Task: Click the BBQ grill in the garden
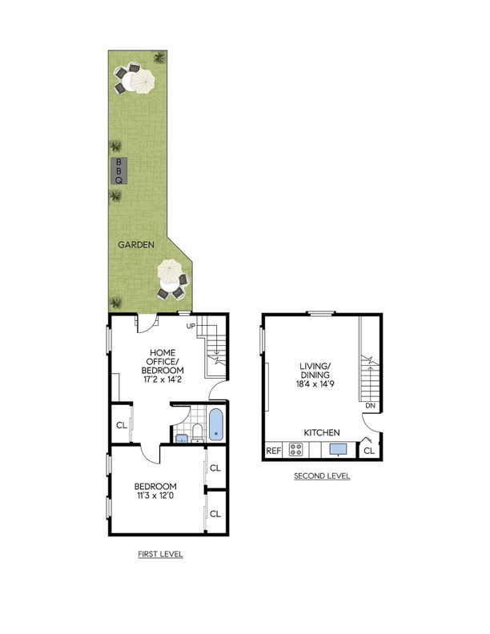[118, 170]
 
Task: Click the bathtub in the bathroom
[217, 423]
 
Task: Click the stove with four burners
[295, 451]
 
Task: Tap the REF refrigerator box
[273, 451]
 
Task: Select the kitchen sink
[338, 450]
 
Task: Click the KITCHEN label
[321, 432]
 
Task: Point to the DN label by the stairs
[369, 406]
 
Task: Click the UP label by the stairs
[191, 326]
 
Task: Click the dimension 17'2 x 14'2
[163, 380]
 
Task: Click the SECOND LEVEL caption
[322, 476]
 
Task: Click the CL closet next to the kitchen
[368, 451]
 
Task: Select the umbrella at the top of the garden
[142, 81]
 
